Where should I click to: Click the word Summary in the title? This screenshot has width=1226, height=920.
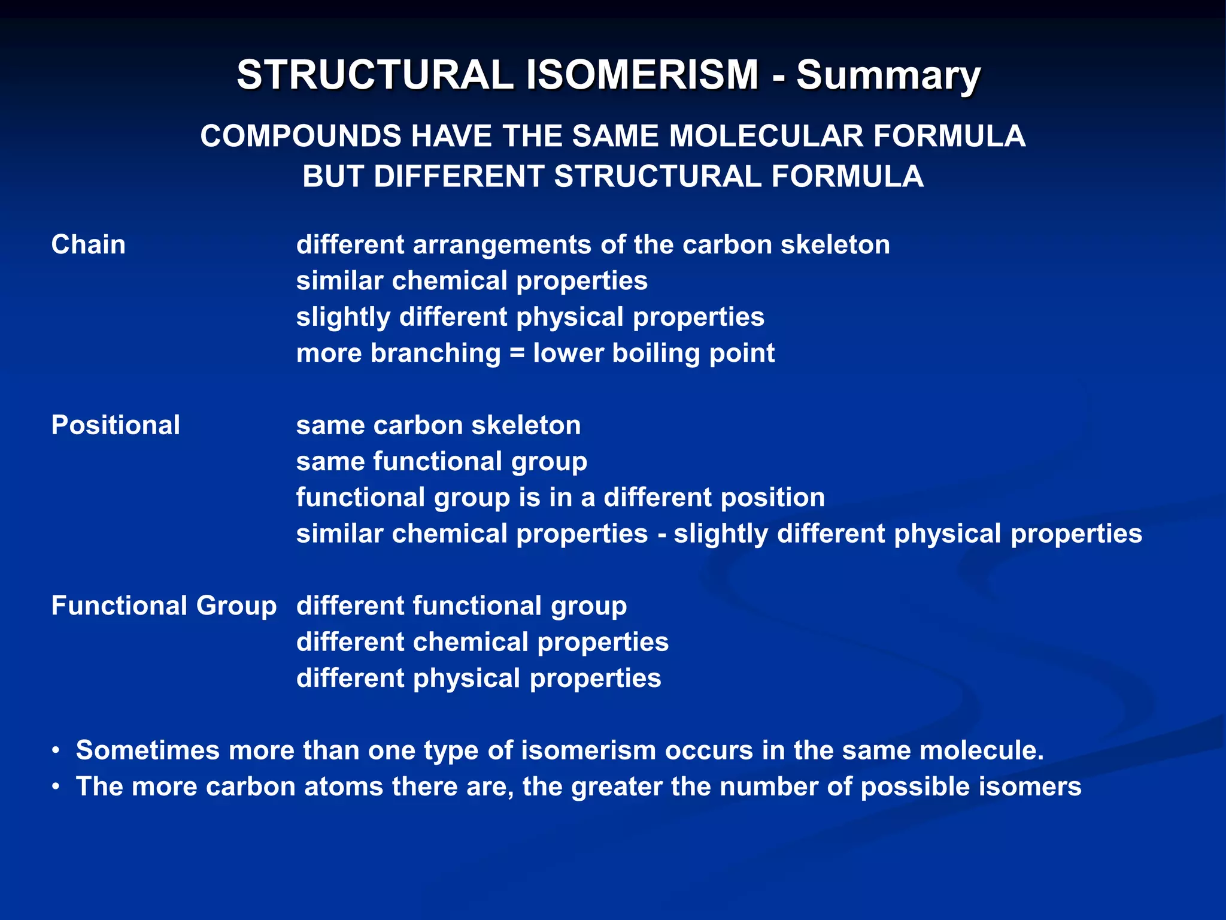888,76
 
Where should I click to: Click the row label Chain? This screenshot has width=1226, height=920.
89,245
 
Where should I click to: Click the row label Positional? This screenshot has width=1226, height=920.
116,425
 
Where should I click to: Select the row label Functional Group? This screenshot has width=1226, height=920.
164,606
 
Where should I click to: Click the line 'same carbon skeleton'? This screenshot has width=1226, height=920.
438,425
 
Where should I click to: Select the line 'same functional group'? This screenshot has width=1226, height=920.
442,462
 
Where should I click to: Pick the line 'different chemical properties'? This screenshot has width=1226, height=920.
482,642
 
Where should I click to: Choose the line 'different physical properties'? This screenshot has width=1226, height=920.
479,679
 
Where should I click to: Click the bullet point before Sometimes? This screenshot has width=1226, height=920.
56,750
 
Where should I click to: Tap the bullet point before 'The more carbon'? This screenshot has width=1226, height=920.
56,787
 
